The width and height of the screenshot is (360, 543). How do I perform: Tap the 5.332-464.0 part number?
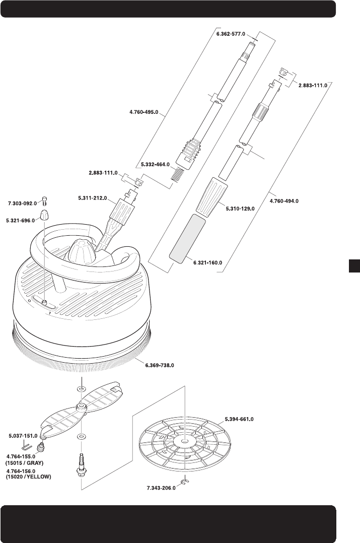click(x=155, y=164)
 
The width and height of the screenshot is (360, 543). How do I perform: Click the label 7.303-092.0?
click(x=23, y=203)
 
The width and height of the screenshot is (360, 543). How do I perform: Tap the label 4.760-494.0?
click(x=284, y=201)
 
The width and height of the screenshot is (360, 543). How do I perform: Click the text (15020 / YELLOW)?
click(x=28, y=477)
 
